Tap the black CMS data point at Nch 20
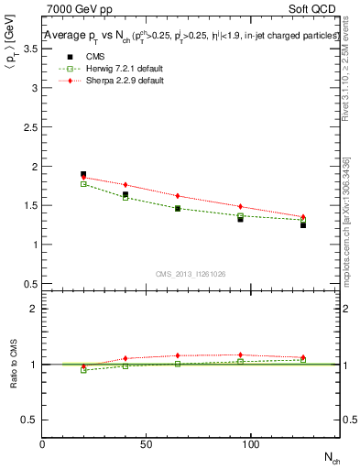[x=83, y=174]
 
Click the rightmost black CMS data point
[x=303, y=224]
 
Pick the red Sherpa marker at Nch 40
[x=125, y=185]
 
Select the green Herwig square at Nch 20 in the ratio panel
[x=83, y=370]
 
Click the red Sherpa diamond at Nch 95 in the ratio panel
[x=240, y=354]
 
